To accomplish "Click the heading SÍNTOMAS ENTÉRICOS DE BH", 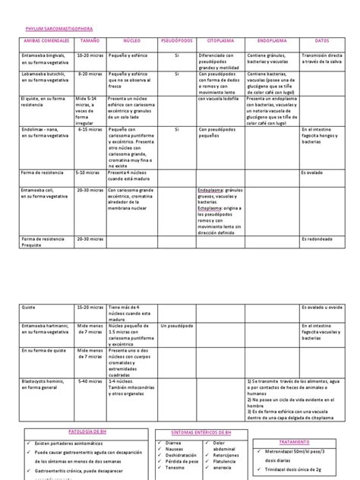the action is coord(197,431).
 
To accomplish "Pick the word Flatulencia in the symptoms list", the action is coord(228,463).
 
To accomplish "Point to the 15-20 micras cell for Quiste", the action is coord(91,307).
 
